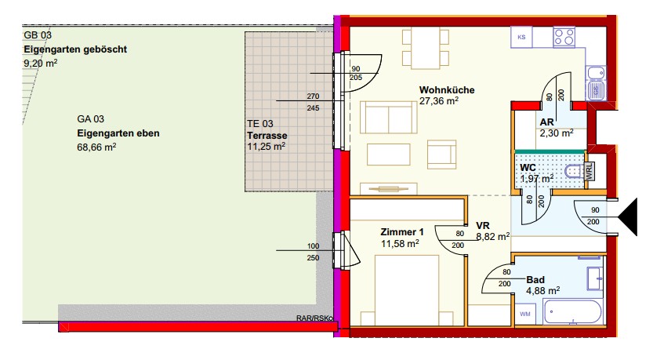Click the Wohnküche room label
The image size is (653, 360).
447,90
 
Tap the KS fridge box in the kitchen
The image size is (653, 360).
521,37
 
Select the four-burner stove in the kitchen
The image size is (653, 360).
564,37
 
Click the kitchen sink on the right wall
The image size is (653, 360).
596,83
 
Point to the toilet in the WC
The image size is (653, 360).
575,171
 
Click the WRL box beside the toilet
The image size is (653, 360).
590,171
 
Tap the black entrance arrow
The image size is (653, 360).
628,217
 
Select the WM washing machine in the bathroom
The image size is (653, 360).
525,314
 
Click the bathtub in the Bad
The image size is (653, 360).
572,311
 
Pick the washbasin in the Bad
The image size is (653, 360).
595,278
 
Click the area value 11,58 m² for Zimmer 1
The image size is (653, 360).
400,244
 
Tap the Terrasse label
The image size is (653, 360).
267,136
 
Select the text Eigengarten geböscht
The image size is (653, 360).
75,49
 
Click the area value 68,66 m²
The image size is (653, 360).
96,147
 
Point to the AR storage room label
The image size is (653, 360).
547,122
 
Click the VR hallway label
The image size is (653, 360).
483,226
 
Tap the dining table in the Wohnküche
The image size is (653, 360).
426,49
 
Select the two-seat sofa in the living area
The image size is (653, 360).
388,117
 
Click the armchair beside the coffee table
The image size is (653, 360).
441,155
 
